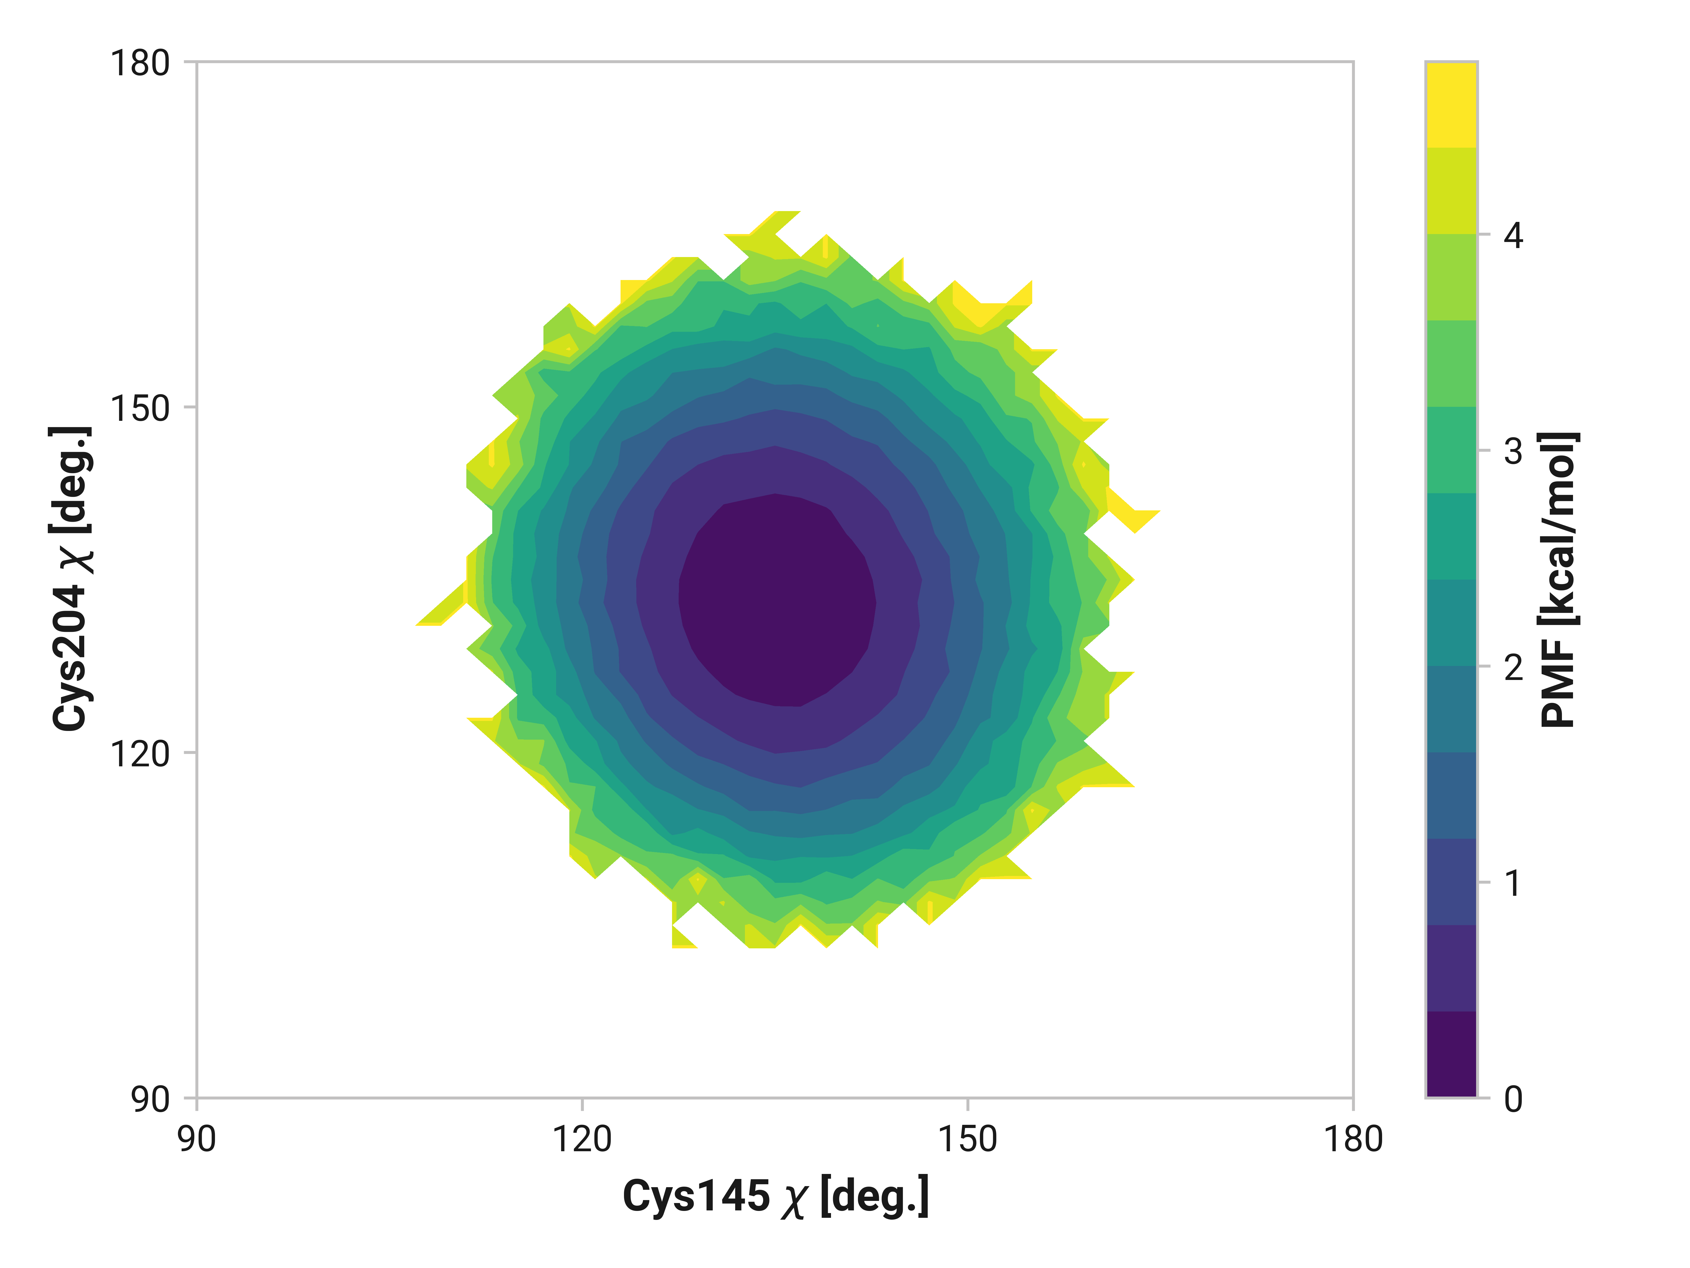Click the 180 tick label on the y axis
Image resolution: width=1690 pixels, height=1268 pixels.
tap(140, 63)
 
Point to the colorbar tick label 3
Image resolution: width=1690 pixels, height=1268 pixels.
tap(1513, 452)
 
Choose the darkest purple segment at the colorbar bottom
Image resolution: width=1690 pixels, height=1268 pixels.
tap(1451, 1055)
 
